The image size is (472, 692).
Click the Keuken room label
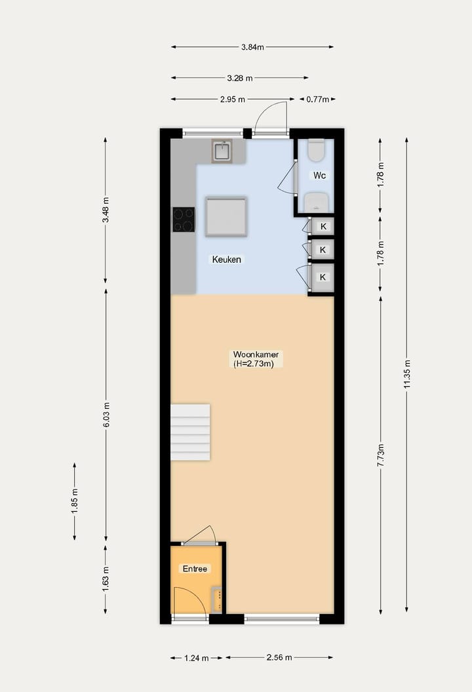(226, 259)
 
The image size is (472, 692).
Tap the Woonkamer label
(251, 355)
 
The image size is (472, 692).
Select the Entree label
(195, 569)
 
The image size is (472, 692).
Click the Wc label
(319, 176)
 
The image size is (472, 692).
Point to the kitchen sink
(222, 151)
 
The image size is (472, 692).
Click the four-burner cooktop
(184, 220)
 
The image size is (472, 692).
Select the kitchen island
(226, 216)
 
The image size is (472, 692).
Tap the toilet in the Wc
(316, 151)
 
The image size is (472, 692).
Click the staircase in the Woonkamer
(190, 432)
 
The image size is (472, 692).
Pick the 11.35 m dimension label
(407, 375)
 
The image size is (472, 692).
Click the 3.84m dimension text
(252, 47)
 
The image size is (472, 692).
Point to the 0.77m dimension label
(317, 100)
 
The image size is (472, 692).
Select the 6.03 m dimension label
(106, 415)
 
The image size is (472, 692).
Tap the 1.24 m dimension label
(197, 658)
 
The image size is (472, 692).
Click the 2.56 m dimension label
(279, 658)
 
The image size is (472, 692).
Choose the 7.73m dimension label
(381, 455)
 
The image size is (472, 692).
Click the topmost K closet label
(323, 227)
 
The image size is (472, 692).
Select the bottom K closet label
(323, 277)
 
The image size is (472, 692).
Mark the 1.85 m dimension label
(75, 501)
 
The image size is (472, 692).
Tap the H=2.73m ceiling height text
(253, 364)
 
